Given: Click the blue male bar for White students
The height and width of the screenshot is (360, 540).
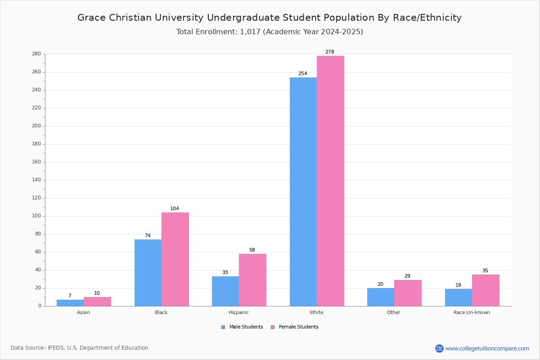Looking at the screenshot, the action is coord(303,192).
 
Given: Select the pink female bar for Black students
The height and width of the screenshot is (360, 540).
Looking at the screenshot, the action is coord(175,259).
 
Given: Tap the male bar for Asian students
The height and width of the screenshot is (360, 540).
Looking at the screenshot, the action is coord(70,303).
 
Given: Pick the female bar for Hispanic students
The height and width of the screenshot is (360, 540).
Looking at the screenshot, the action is coord(252,280).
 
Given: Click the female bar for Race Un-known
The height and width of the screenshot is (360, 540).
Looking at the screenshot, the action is coord(486,290).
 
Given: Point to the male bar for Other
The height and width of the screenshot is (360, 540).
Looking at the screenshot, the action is coord(381,297).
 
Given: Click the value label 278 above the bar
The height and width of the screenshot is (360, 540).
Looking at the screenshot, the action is coord(330,52).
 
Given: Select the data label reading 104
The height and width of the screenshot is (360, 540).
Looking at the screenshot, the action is coord(175,208).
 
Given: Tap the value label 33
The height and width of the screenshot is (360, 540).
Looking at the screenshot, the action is coord(225,272).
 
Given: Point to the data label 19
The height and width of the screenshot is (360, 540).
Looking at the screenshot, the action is coord(458,285).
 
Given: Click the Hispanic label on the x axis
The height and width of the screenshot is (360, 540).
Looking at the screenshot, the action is coord(238,312).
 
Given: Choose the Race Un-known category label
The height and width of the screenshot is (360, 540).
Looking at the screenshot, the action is coord(472,312).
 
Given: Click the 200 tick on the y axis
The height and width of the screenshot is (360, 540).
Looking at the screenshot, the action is coord(36,126).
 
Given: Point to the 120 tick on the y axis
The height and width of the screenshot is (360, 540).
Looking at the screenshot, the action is coord(36,198).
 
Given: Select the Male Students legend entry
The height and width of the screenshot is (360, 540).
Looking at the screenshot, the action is coord(242,327).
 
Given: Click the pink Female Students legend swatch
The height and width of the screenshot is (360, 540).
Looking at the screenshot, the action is coord(273,327).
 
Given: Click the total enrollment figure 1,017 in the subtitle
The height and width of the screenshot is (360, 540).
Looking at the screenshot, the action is coord(250,32).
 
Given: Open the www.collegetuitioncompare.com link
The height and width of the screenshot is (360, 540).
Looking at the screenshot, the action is coord(487,348).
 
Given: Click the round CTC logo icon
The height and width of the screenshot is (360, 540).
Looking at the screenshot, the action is coord(440,348).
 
